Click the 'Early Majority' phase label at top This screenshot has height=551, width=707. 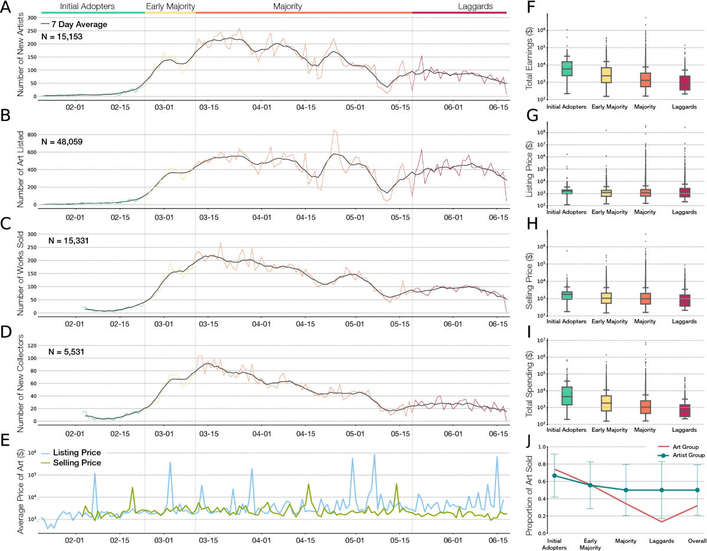click(x=170, y=6)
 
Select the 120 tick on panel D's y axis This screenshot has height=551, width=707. click(x=31, y=345)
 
